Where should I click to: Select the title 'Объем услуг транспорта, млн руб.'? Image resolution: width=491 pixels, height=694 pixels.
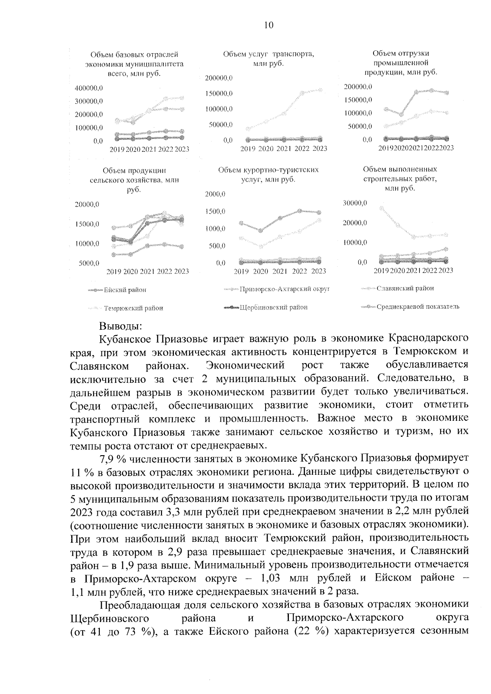(x=268, y=59)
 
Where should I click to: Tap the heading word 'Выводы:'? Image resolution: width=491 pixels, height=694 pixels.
(x=121, y=326)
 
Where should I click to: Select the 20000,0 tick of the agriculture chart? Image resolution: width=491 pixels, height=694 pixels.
(x=87, y=204)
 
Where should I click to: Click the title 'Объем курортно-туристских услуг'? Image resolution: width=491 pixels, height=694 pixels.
(x=268, y=175)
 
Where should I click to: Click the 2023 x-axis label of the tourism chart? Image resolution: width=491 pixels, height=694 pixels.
(x=319, y=272)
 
